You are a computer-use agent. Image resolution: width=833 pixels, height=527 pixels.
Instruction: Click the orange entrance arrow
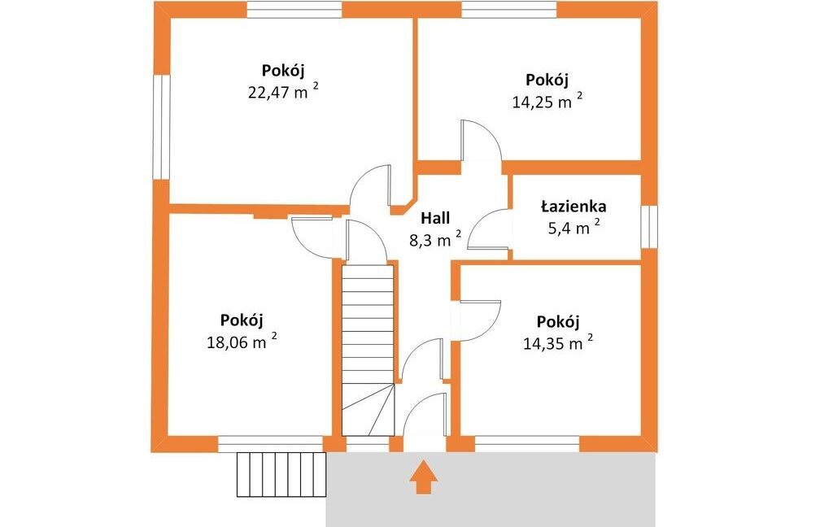423,477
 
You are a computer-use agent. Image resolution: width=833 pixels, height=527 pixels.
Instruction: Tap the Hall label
435,218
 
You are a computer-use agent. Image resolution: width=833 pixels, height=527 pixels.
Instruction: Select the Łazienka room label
574,206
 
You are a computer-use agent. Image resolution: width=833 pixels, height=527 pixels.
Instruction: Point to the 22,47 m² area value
283,92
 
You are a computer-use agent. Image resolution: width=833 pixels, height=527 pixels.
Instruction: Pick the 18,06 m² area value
242,342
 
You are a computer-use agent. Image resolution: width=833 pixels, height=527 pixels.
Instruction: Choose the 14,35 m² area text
558,343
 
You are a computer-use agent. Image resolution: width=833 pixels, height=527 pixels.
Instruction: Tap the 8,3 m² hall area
435,240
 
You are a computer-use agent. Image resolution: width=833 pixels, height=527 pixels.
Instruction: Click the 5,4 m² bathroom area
574,228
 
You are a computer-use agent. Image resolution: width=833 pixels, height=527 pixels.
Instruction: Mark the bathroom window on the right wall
648,227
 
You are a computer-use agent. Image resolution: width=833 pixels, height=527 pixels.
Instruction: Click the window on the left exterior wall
162,127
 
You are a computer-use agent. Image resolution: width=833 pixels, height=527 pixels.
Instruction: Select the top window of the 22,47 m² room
294,10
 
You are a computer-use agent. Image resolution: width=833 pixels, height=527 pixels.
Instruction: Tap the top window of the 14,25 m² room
509,10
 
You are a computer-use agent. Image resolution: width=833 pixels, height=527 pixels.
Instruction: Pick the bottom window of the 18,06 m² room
270,444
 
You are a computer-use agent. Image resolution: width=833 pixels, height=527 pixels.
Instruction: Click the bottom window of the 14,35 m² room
527,444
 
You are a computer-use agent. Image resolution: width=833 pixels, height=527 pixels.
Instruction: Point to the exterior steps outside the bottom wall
281,474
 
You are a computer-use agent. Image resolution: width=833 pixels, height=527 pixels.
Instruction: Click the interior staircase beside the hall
369,351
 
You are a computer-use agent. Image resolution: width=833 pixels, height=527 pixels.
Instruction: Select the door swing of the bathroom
488,228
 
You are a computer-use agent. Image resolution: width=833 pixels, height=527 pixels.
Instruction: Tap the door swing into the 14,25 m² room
481,140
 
